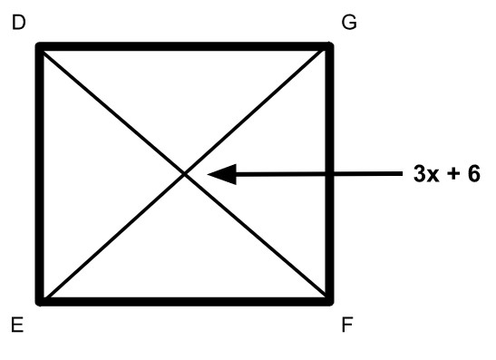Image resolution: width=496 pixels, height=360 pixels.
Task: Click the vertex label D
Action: [19, 23]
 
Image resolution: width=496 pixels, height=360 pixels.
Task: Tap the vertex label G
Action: [349, 23]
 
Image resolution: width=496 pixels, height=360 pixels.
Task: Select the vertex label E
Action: [17, 325]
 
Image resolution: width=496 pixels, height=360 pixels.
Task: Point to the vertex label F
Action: [347, 325]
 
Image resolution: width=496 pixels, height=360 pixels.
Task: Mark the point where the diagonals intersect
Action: [185, 174]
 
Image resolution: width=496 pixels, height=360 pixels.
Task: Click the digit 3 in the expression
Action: [419, 173]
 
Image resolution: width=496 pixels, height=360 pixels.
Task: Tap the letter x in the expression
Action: [433, 176]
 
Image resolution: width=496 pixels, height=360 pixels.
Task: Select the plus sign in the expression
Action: [453, 174]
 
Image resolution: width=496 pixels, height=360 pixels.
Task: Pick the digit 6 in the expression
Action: [474, 173]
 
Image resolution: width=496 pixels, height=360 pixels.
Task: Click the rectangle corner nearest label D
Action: [40, 46]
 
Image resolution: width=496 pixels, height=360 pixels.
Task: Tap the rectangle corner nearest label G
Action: [330, 46]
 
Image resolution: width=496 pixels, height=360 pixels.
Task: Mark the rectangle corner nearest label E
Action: [40, 301]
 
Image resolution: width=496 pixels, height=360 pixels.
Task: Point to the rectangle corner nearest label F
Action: [330, 301]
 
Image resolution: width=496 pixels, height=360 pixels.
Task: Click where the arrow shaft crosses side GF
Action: [330, 174]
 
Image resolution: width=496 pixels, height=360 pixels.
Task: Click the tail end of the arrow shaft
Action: [402, 174]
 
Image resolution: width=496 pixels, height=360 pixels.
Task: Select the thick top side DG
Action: [185, 46]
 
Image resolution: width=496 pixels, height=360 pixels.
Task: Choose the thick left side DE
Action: [40, 174]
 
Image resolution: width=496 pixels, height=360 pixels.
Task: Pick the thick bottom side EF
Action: [185, 301]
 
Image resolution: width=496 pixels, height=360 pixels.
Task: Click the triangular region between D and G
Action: [185, 95]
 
